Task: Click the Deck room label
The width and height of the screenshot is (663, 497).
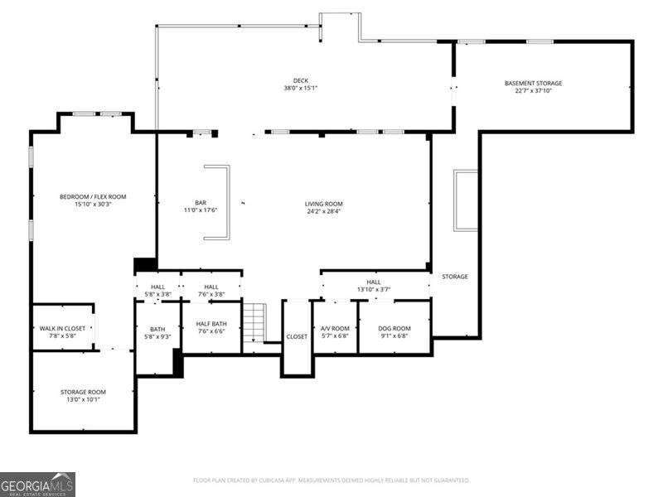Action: pos(301,80)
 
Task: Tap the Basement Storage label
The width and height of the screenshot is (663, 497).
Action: pos(533,83)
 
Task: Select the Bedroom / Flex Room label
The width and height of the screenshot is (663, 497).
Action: pos(93,196)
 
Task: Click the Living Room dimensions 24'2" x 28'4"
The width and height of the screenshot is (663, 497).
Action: pos(323,211)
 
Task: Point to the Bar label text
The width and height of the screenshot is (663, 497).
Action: pos(200,203)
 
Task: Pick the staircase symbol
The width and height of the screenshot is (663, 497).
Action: pos(254,322)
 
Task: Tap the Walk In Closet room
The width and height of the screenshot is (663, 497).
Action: pos(62,332)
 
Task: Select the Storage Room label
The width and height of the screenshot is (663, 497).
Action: pos(83,392)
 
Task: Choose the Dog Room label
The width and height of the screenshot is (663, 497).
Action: pos(394,329)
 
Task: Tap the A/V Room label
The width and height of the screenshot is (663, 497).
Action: pos(335,329)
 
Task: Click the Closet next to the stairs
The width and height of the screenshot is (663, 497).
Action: pos(297,337)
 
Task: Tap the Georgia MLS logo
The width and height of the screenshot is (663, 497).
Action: pos(38,484)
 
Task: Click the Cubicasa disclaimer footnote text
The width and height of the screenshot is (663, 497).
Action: pos(331,480)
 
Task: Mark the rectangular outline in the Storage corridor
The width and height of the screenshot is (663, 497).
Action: pos(466,200)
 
